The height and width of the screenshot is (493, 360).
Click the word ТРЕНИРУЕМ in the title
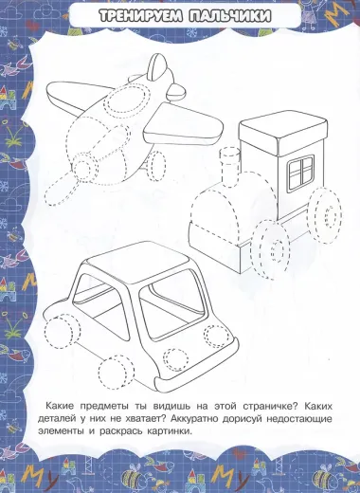pyautogui.click(x=139, y=16)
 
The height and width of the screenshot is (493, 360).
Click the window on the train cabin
pyautogui.click(x=300, y=173)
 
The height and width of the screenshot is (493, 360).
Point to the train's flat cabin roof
pyautogui.click(x=283, y=133)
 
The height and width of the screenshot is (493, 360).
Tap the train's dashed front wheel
pyautogui.click(x=272, y=248)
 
